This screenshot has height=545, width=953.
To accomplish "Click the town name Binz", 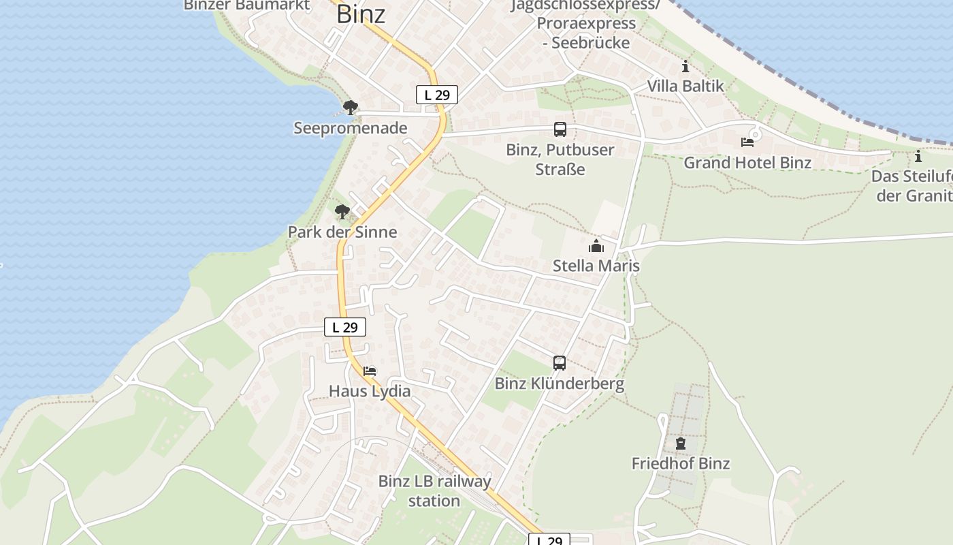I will [361, 14].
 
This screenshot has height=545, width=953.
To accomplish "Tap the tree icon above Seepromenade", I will [350, 107].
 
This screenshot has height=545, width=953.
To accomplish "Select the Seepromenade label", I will [351, 128].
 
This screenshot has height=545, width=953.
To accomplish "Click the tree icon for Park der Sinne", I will [342, 211].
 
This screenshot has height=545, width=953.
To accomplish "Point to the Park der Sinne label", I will [342, 232].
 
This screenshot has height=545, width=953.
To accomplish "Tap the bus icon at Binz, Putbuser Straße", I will [560, 129].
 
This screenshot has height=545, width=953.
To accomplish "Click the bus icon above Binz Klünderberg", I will [560, 363].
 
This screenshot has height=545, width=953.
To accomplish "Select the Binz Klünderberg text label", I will [560, 384].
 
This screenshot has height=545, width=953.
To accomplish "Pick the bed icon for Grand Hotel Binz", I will [747, 142].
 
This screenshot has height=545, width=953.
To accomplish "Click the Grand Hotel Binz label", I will [747, 163].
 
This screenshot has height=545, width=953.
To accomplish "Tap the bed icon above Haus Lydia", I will [370, 371].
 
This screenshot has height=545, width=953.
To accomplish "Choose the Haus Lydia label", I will [370, 391].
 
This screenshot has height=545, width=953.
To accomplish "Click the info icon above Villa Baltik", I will [685, 66].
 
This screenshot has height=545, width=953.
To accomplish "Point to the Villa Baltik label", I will [685, 87].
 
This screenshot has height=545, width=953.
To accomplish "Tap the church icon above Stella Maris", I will [596, 245].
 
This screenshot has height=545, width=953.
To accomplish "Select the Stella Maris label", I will [596, 266].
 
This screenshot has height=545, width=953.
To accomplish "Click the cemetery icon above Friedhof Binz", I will [681, 443].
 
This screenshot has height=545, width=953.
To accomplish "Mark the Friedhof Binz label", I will [681, 464].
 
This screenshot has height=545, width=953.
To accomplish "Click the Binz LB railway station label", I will [434, 491].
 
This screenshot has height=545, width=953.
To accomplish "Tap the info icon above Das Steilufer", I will [918, 156].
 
